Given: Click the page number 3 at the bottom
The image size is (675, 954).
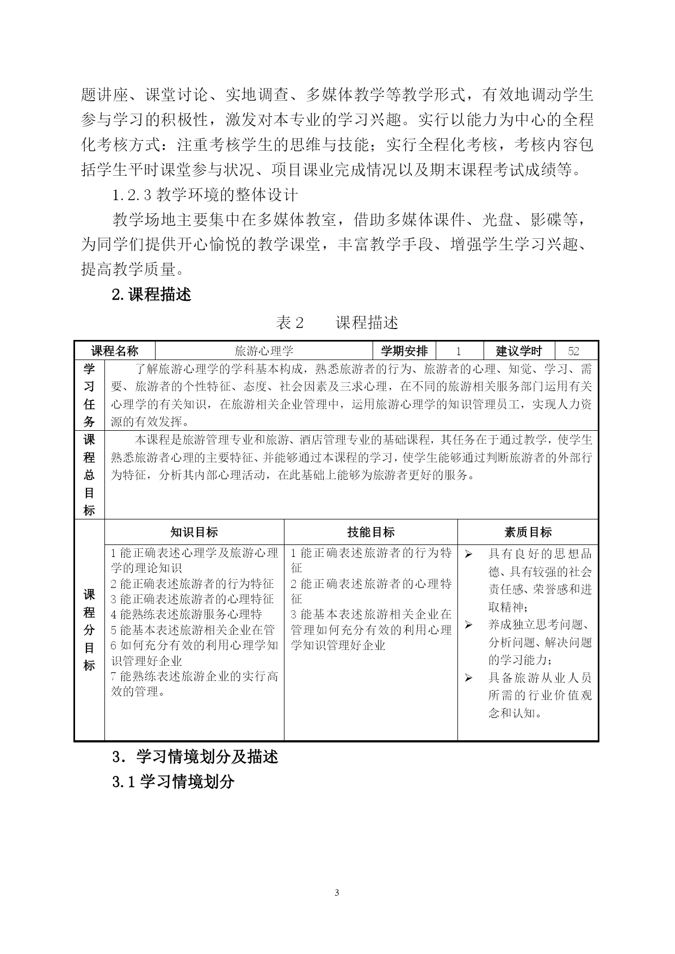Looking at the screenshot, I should pos(337,893).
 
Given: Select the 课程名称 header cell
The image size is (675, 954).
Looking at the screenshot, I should pos(115,351).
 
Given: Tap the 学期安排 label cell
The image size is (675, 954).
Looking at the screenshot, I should pos(404,351).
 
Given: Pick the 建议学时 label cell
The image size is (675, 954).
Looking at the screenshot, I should pos(519,351).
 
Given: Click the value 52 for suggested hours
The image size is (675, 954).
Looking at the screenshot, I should pos(573,351).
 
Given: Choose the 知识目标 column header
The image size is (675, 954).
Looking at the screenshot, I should pos(194,532).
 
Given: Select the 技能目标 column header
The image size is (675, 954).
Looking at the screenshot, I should pos(371,532).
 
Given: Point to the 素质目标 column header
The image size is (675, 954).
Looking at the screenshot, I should pos(528,532).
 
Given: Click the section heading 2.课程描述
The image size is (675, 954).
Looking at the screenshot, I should pos(152,294).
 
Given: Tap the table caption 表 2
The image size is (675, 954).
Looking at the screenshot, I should pos(290,323).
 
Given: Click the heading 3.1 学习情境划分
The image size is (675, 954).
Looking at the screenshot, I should pos(174,782).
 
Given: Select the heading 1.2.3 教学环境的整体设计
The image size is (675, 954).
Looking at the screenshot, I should pos(206,194).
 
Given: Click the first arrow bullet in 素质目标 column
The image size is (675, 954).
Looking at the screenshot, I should pos(468,554).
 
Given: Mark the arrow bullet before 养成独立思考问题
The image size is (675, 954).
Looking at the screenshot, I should pos(468,625).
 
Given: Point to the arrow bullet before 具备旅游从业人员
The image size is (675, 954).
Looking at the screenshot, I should pos(468,678).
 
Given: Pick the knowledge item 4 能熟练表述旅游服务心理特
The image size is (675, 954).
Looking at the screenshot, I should pos(187,614).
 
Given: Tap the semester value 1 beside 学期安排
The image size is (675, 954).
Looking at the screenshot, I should pos(459,351).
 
